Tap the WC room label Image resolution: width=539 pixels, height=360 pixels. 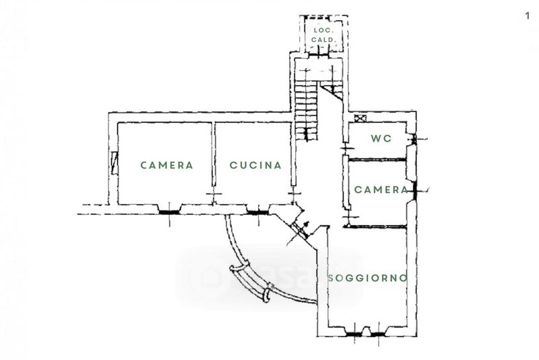(x=381, y=139)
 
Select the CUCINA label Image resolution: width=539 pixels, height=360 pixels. (x=255, y=164)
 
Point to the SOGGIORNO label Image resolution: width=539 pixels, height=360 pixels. (x=368, y=278)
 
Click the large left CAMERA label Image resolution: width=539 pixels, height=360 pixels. (x=166, y=164)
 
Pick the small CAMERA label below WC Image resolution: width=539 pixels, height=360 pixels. (x=381, y=189)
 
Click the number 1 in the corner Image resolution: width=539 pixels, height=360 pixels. (x=527, y=16)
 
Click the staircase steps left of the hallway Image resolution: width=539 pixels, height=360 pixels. (x=305, y=101)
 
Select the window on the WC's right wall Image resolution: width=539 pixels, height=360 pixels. (x=414, y=140)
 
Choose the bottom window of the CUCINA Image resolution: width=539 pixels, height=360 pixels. (x=256, y=211)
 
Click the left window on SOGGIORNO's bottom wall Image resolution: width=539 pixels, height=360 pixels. (x=352, y=332)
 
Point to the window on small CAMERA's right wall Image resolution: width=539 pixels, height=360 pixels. (x=415, y=189)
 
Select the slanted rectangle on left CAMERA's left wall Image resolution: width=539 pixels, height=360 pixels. (x=115, y=161)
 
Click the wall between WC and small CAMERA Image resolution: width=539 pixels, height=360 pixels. (x=377, y=159)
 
